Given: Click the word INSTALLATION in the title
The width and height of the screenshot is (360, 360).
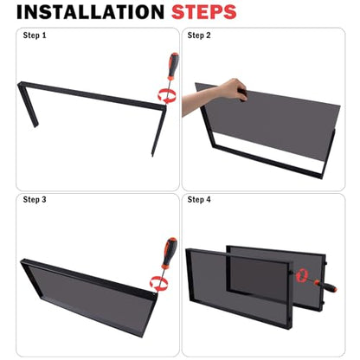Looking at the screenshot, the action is click(x=90, y=12).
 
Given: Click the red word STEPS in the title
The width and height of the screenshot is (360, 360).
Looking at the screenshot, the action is click(x=204, y=12).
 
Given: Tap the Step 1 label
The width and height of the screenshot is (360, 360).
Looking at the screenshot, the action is click(x=35, y=35).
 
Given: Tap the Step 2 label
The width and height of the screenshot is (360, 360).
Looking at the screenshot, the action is click(x=199, y=35).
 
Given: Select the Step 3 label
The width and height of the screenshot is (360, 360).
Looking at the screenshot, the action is click(x=35, y=200).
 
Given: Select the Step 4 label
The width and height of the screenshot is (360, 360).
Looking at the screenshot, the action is click(x=199, y=200).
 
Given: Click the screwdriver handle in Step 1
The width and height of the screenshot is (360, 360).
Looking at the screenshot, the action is click(x=173, y=67).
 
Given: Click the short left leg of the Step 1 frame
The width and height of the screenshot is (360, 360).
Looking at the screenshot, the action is click(x=29, y=106).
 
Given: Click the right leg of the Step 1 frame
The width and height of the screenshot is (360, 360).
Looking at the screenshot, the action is click(x=159, y=131).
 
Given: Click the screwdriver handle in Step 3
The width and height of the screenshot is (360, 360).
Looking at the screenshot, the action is click(x=170, y=253).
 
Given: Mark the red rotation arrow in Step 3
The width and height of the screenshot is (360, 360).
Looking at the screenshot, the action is click(x=159, y=284).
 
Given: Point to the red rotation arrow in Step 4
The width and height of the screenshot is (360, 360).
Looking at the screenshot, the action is click(x=302, y=275).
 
